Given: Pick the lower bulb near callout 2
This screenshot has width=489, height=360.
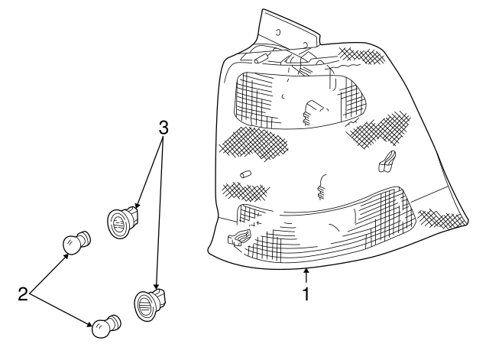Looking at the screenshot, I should pos(105,326).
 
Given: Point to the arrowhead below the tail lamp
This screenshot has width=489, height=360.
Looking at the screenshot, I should pos(306,269).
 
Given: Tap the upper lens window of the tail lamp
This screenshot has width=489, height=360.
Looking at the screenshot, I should pos(298,99).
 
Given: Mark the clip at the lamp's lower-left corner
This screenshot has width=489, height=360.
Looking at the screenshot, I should pos(238,238).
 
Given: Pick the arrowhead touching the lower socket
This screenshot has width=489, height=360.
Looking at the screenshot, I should pos(157,287).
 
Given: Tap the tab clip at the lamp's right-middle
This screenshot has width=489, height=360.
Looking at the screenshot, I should pos(387,160).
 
